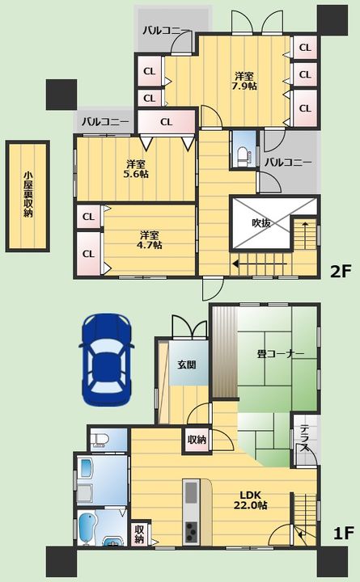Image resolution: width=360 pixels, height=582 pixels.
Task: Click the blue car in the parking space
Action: [106, 360]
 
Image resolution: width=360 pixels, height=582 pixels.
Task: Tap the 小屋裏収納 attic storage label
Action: [28, 195]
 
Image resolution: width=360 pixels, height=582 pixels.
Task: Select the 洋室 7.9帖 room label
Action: [244, 82]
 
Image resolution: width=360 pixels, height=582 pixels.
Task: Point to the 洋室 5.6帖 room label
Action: [136, 168]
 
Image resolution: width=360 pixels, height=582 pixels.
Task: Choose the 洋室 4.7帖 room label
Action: [150, 240]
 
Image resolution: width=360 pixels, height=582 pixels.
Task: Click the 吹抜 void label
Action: [261, 223]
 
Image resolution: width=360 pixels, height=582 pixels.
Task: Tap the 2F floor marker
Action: [341, 272]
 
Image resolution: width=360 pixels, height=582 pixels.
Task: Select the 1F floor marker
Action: [343, 533]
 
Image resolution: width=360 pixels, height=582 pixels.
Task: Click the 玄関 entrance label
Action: [187, 365]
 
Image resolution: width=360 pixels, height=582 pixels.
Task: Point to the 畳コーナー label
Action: [281, 354]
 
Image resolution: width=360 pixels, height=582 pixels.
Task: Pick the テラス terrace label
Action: [305, 438]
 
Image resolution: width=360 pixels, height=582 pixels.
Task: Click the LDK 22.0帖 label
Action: [251, 500]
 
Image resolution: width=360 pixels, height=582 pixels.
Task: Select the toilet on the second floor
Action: [243, 156]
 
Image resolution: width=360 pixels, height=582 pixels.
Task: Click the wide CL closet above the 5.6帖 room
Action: [167, 122]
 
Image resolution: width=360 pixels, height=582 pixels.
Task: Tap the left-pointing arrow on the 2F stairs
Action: [260, 264]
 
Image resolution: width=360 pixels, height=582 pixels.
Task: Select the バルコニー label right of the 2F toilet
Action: [288, 162]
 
